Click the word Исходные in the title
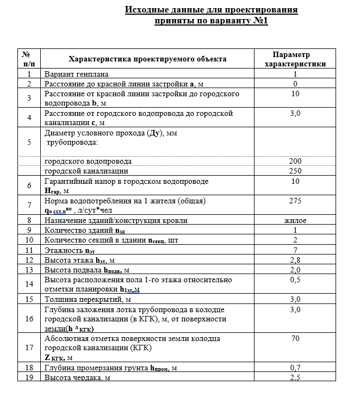tap(145, 10)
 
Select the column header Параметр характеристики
tap(295, 59)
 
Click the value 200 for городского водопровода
tap(295, 162)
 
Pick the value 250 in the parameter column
tap(295, 171)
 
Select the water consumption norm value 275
tap(295, 201)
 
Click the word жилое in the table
tap(295, 220)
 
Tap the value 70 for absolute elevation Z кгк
tap(295, 338)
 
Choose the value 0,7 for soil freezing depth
tap(295, 368)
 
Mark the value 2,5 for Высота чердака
tap(295, 377)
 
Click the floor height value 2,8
tap(295, 260)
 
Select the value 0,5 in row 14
tap(295, 280)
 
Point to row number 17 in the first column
tap(29, 348)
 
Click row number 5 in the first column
tap(29, 142)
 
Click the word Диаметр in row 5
tap(60, 133)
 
